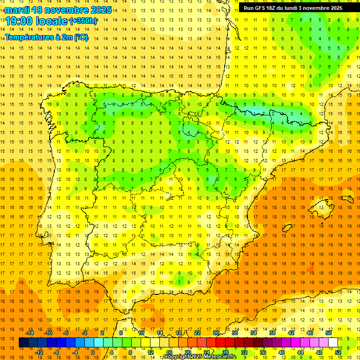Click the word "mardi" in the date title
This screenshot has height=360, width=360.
[x=17, y=10]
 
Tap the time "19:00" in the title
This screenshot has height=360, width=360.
[x=19, y=21]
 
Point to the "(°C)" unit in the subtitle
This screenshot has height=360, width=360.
[x=81, y=37]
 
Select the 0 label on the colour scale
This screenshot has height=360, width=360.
[x=92, y=352]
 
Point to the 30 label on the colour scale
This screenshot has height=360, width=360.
[x=234, y=333]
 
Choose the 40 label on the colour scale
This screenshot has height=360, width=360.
[x=281, y=352]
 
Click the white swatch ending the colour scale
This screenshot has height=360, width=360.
[x=333, y=343]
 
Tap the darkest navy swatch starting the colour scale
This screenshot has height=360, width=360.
[x=23, y=343]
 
